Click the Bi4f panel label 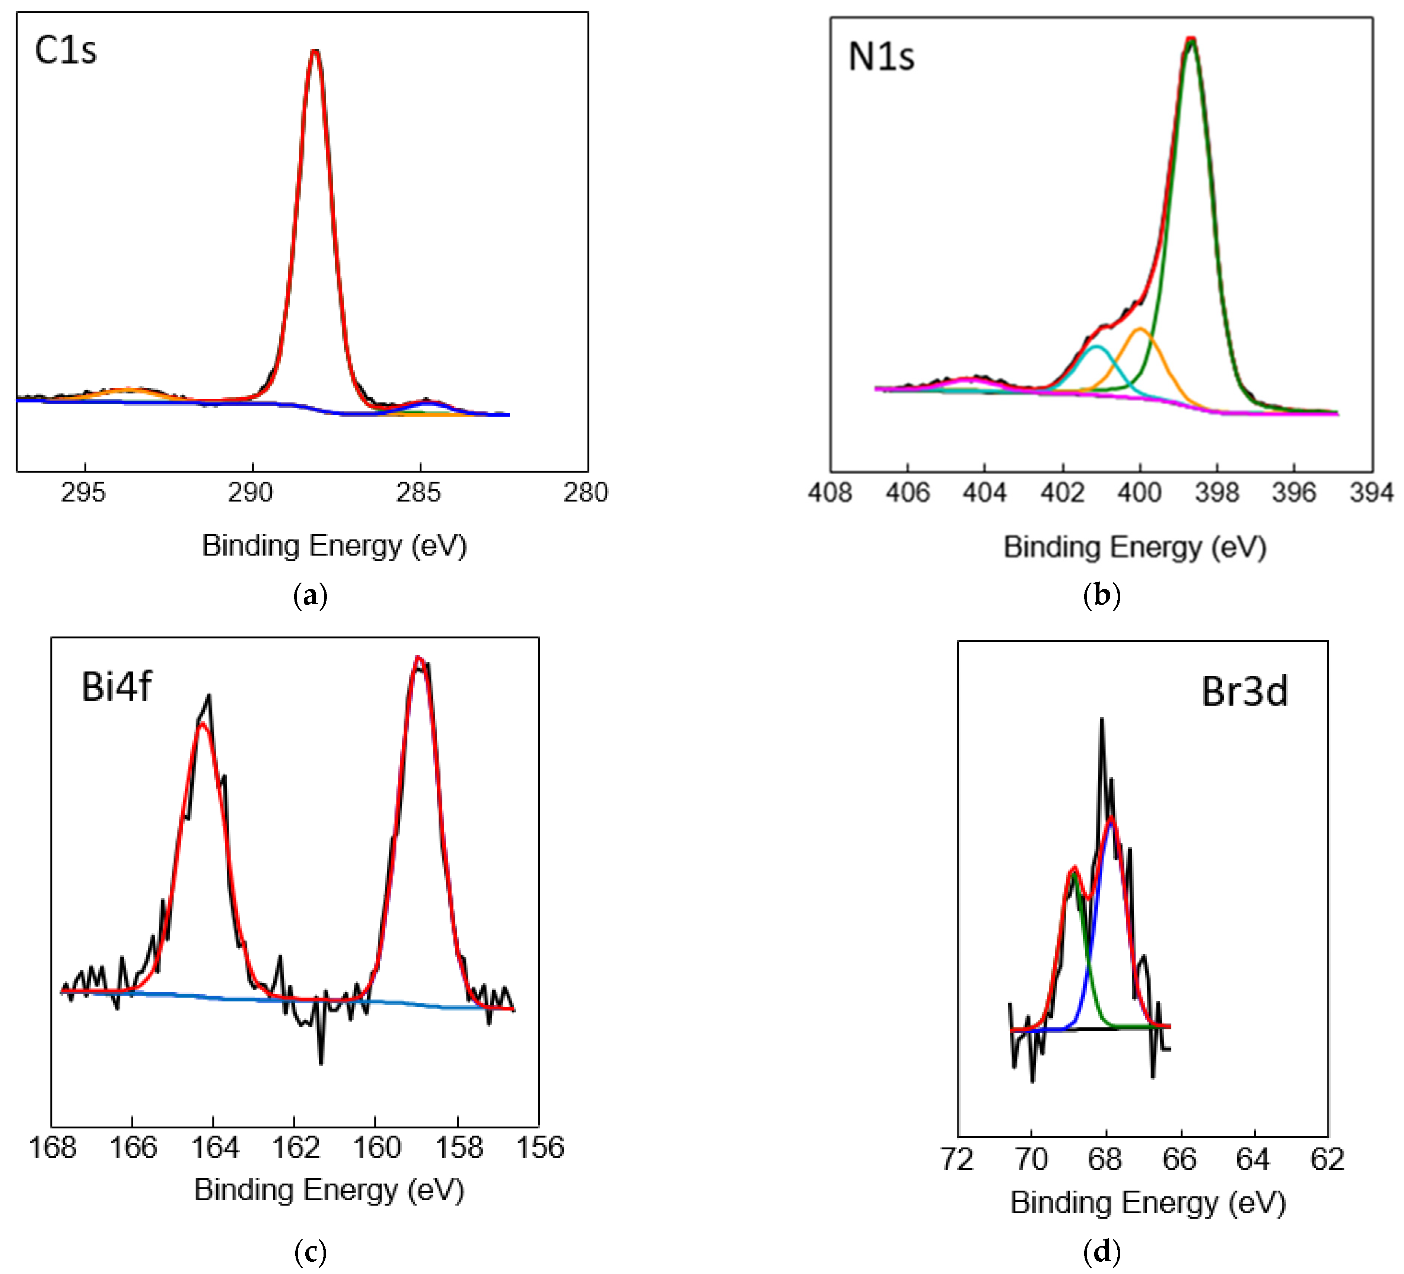(x=116, y=687)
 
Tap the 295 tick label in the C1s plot (x=83, y=493)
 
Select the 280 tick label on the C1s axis (x=586, y=493)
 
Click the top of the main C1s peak (x=315, y=51)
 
